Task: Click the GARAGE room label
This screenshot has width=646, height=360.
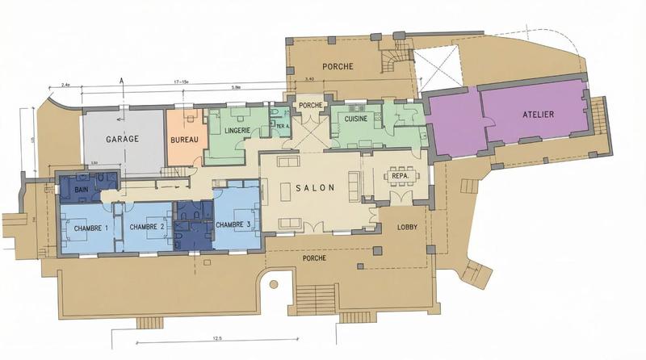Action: [x=123, y=139]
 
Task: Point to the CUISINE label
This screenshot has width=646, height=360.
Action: [x=356, y=119]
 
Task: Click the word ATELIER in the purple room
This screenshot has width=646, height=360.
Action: [x=538, y=115]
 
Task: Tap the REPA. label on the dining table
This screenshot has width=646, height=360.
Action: [x=400, y=175]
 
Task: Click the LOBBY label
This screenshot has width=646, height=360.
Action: [x=408, y=228]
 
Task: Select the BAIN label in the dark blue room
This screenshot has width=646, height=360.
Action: [x=81, y=190]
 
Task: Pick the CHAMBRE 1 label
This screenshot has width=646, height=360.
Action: [x=91, y=228]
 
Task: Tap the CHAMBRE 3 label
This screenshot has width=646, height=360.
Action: [x=234, y=224]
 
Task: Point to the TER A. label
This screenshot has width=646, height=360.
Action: [x=283, y=127]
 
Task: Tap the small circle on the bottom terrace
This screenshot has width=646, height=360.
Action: [x=274, y=284]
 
